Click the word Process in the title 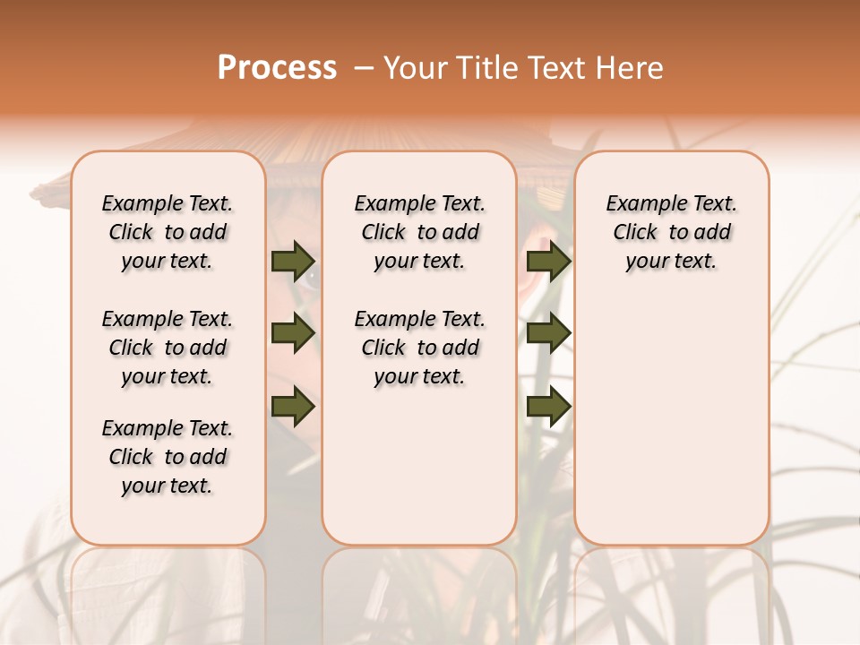277,67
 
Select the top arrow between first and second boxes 293,261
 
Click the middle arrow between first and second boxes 293,333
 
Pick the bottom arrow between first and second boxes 293,406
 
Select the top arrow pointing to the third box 548,261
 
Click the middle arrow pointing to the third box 548,333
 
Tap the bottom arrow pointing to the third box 548,406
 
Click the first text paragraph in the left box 168,232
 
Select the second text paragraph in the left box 168,348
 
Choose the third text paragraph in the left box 168,457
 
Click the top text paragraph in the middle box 419,232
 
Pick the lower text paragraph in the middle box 419,348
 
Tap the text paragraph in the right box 671,232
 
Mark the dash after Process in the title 364,67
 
